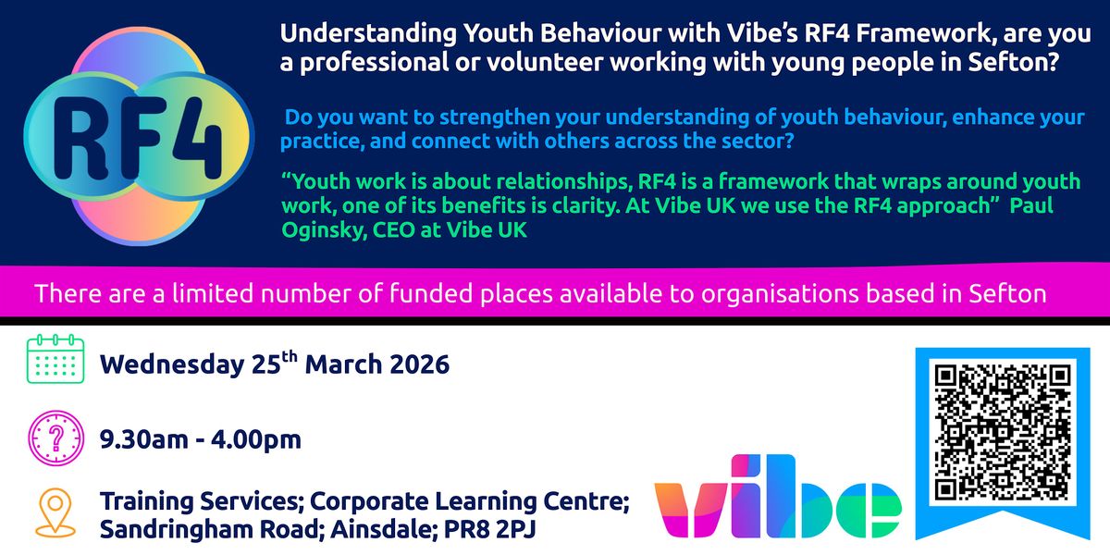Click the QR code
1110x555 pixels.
coord(1003,432)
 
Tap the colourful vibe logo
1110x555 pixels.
coord(778,496)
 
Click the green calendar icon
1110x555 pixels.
coord(55,359)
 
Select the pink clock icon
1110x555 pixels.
coord(56,438)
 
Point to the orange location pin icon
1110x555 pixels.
coord(55,512)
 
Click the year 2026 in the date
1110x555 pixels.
coord(420,364)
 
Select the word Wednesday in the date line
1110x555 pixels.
coord(172,365)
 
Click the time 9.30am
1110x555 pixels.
coord(143,439)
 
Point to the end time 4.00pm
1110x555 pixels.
coord(256,440)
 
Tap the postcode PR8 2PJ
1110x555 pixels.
coord(489,529)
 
